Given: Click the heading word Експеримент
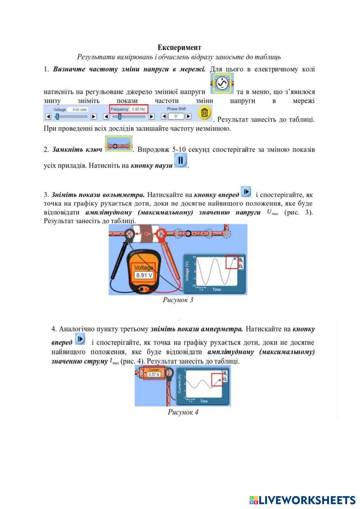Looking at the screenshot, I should [x=179, y=48].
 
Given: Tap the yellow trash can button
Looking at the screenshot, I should [x=204, y=113].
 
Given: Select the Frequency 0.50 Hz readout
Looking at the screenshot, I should [x=129, y=109].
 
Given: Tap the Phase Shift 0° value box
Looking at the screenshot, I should [x=176, y=116].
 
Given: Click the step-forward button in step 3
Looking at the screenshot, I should [x=246, y=191].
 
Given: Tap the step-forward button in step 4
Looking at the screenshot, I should [x=80, y=339].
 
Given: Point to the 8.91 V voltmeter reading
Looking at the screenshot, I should [x=144, y=275].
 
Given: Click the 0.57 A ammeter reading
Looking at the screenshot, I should [x=154, y=374].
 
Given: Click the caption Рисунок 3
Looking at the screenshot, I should [x=178, y=300].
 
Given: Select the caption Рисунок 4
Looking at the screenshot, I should [x=183, y=412].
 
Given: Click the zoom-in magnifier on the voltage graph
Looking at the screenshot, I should [x=240, y=260].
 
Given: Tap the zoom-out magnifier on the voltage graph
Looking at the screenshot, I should [x=240, y=267].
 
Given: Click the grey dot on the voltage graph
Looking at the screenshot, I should [x=235, y=258].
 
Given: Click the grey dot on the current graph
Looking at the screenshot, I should [x=220, y=380].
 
